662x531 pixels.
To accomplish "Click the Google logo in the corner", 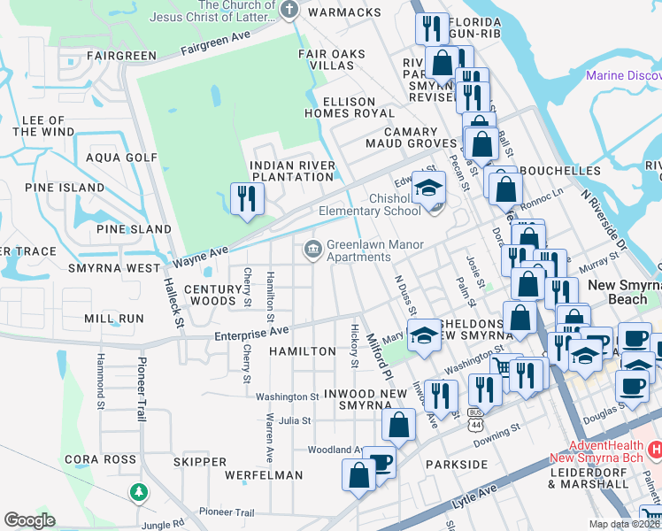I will point(29,520).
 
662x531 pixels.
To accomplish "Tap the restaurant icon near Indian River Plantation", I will point(245,197).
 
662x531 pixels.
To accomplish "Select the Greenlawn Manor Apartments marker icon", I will point(313,250).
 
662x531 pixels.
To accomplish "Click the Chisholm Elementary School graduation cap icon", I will point(429,189).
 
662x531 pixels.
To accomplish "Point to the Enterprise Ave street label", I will point(252,332).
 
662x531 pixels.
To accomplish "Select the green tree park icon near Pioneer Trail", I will point(138,491).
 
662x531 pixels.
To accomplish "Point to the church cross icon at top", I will point(289,10).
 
